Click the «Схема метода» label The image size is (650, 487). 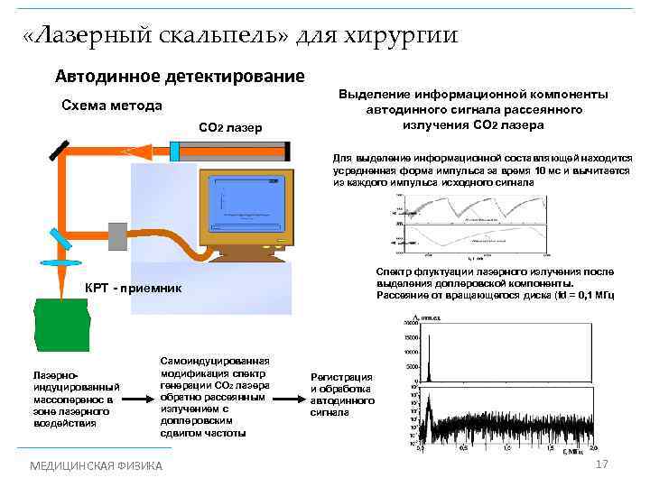tap(111, 106)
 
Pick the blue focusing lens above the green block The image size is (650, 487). tap(61, 263)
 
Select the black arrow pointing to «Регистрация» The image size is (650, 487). tap(289, 395)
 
